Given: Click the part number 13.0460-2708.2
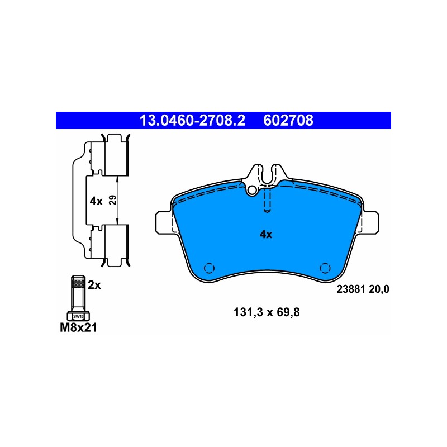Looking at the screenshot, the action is [x=192, y=120].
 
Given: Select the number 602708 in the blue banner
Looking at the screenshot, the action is [x=288, y=120].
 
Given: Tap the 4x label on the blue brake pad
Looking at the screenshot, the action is [x=266, y=234].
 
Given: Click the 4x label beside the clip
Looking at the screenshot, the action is [x=96, y=201].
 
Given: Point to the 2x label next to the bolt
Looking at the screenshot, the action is [x=94, y=284].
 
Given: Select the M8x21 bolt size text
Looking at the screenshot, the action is [x=78, y=327].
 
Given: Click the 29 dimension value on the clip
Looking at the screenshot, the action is [x=113, y=200].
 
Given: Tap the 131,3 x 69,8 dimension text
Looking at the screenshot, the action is [x=267, y=312].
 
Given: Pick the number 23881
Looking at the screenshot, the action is [x=351, y=289].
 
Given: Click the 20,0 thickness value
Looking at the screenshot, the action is [x=379, y=289].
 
